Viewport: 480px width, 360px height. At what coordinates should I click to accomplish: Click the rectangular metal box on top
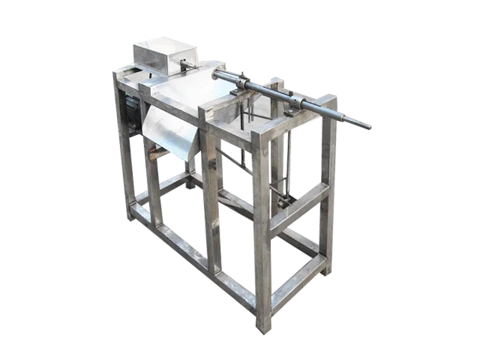159,53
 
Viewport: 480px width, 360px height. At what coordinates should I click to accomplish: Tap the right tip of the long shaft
367,127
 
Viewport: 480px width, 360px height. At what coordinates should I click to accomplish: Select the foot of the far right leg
325,271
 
